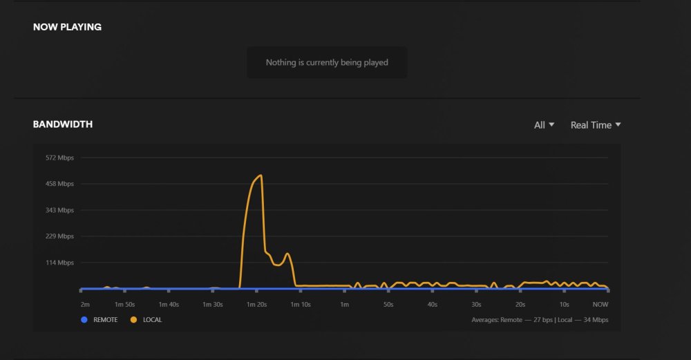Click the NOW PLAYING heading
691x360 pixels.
click(x=67, y=27)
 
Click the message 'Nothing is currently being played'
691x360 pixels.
click(x=327, y=63)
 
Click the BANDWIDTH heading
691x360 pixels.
click(x=63, y=124)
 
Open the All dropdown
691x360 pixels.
click(x=544, y=125)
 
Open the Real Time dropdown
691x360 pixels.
click(x=596, y=125)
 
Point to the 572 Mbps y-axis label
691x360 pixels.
click(x=59, y=158)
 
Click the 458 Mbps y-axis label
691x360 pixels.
click(x=59, y=184)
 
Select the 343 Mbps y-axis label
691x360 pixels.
click(x=59, y=210)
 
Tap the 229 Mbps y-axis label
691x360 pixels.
click(x=59, y=236)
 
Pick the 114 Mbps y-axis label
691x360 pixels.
click(x=59, y=263)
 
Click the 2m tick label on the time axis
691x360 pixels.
click(x=85, y=305)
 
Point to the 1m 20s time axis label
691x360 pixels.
click(x=256, y=305)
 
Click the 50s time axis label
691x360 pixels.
click(x=388, y=305)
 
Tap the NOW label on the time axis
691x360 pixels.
click(x=600, y=305)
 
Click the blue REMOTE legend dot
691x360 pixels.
click(x=84, y=320)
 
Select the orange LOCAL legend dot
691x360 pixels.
click(x=133, y=320)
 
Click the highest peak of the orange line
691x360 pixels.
click(x=261, y=176)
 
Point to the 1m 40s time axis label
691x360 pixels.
click(x=169, y=305)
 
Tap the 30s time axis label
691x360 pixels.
click(x=476, y=305)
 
